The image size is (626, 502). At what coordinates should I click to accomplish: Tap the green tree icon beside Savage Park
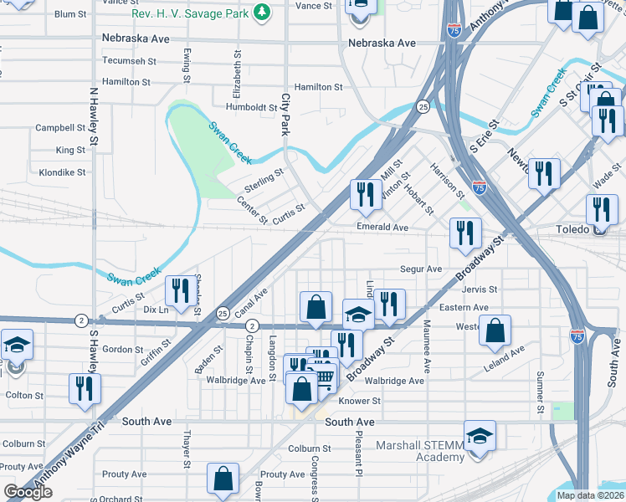(x=263, y=12)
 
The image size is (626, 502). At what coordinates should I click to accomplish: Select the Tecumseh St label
(x=129, y=60)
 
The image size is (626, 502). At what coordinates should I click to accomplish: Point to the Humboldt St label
(x=252, y=107)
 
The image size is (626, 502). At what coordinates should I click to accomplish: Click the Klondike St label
(x=62, y=172)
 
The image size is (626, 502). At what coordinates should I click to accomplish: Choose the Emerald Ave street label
(x=382, y=228)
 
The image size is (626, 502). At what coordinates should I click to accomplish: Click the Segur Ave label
(x=421, y=269)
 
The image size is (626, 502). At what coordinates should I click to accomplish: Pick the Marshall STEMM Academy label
(x=419, y=451)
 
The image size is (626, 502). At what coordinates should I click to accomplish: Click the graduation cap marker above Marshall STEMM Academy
(x=480, y=437)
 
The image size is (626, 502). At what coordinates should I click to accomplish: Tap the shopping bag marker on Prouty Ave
(x=223, y=480)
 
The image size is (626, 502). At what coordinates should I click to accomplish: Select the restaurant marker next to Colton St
(x=84, y=389)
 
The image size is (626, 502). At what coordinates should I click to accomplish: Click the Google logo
(x=28, y=493)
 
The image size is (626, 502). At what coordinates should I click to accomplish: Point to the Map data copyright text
(x=590, y=495)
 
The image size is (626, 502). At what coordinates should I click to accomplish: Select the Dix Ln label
(x=156, y=310)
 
